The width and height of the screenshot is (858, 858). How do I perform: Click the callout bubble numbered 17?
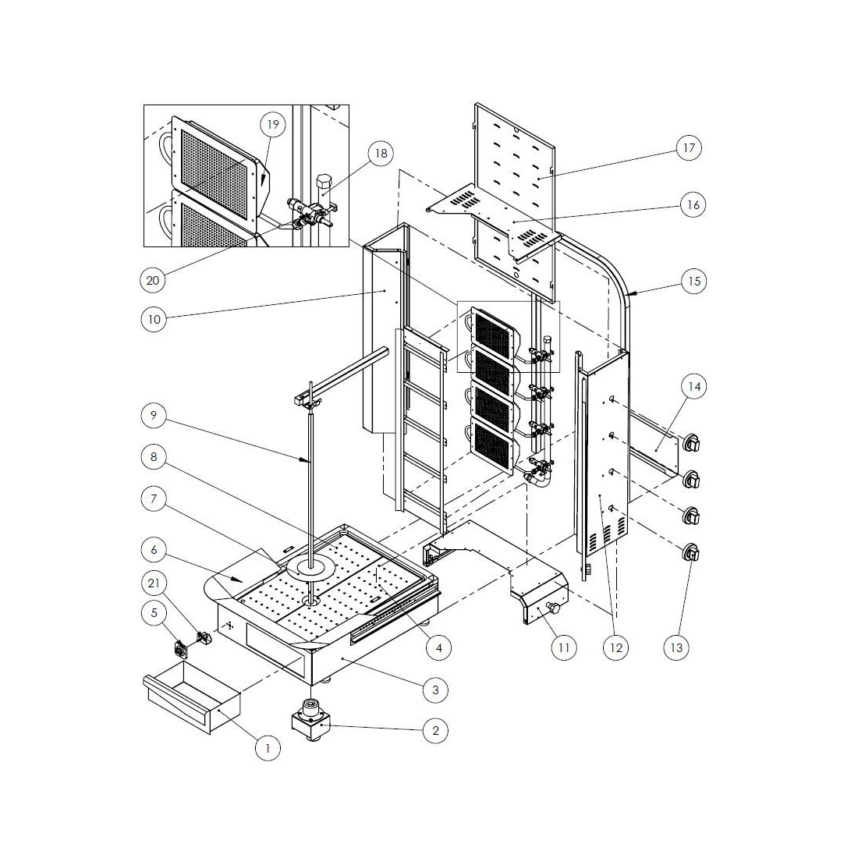click(x=689, y=147)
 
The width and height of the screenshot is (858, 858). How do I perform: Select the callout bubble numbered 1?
click(x=268, y=747)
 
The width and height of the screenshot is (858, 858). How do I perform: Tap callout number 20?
click(x=153, y=280)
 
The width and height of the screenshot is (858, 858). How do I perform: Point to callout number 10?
click(x=154, y=318)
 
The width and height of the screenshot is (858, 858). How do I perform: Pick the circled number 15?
click(x=694, y=282)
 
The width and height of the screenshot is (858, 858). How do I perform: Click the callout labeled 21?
click(x=154, y=583)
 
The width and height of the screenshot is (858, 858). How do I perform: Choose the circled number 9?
click(x=153, y=415)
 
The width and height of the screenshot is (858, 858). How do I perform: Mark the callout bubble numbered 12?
click(x=616, y=648)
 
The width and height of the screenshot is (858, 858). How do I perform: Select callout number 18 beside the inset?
click(x=381, y=154)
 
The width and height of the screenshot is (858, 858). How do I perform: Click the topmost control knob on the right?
click(x=692, y=442)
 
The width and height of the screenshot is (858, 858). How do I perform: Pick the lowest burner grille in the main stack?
click(x=492, y=445)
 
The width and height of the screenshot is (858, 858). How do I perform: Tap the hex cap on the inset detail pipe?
click(x=324, y=181)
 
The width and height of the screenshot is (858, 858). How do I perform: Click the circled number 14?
click(x=694, y=386)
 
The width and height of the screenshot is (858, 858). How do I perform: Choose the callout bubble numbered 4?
click(x=439, y=648)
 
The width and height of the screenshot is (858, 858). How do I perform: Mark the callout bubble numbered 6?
click(x=154, y=549)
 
